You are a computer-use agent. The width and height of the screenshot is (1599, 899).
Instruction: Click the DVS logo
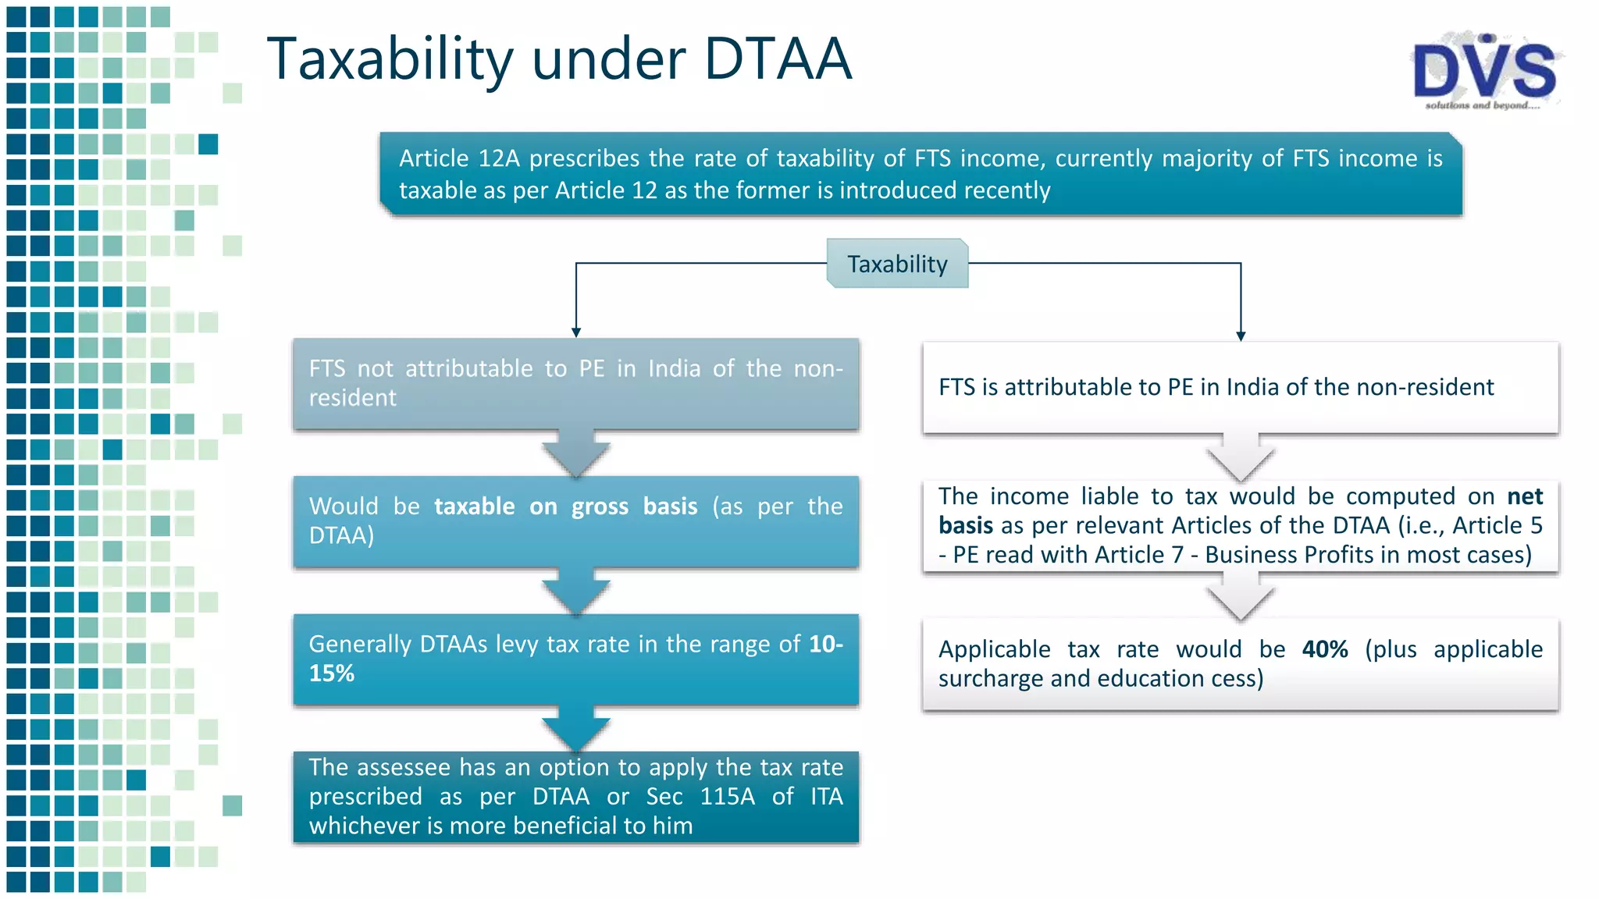pos(1484,70)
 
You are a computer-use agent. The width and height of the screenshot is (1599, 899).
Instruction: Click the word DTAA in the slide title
pos(778,59)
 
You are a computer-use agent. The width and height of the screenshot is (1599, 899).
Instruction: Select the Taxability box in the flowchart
pos(897,264)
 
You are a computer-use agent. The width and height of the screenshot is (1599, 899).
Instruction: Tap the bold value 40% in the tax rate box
pos(1324,649)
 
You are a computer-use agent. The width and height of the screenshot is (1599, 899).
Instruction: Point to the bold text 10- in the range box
pos(826,644)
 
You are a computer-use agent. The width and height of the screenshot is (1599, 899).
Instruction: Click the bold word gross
pos(599,506)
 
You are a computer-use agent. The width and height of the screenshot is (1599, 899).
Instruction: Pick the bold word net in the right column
pos(1524,496)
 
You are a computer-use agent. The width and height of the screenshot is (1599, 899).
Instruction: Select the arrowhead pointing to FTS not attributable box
pos(576,332)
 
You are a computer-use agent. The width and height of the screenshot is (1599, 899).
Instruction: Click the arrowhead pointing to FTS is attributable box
pos(1241,336)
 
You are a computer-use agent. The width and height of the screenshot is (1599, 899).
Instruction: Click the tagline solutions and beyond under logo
pos(1481,105)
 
